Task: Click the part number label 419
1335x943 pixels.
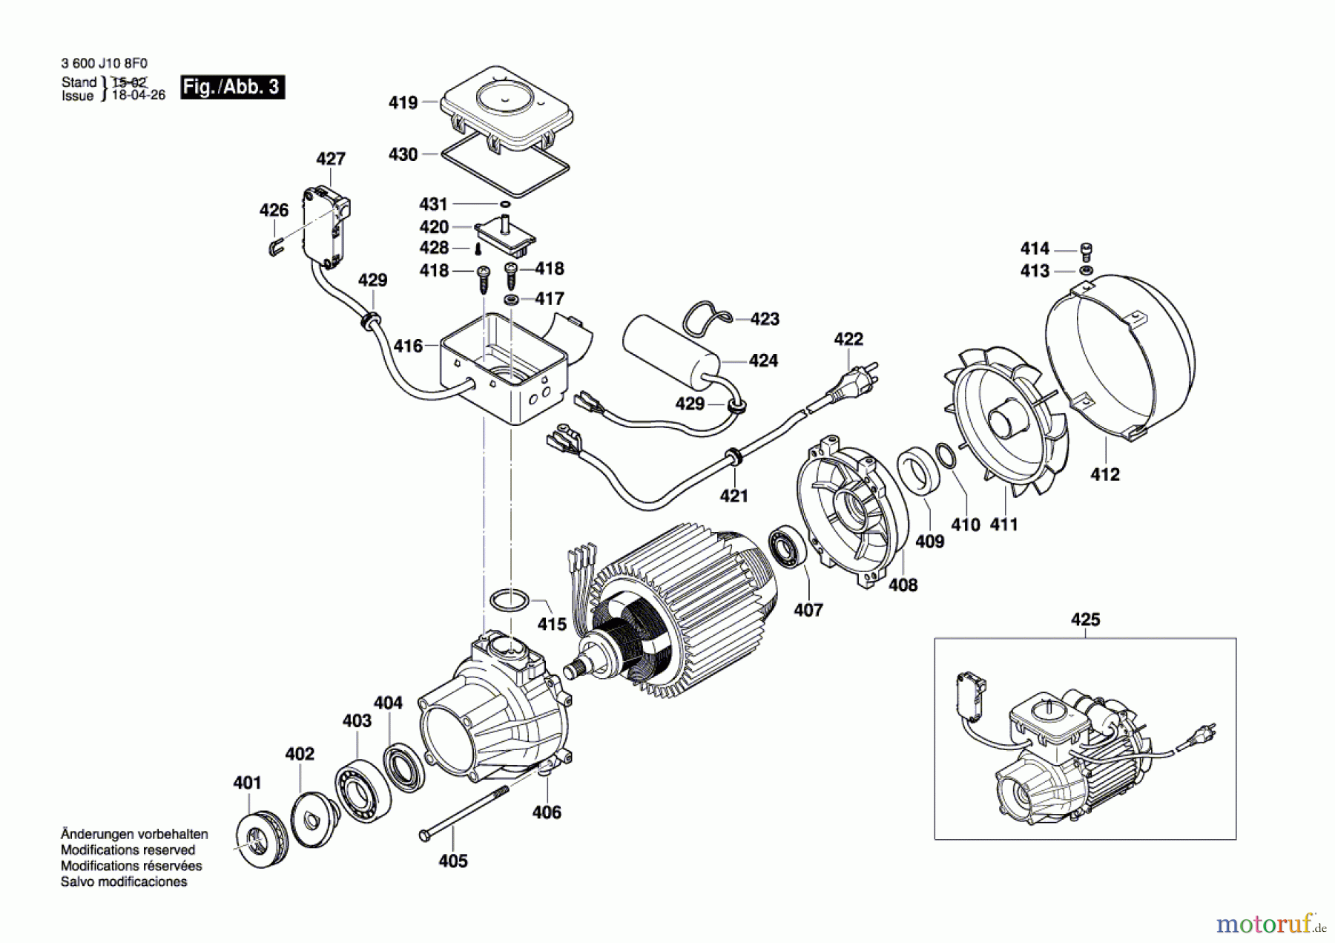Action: (403, 103)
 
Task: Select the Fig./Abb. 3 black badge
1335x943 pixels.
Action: (232, 87)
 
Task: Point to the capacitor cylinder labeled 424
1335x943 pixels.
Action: (669, 351)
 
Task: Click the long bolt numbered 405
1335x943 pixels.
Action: (464, 813)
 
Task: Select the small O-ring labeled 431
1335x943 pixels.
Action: (504, 204)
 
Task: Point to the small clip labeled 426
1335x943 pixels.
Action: (274, 248)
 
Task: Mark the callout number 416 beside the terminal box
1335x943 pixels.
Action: (408, 346)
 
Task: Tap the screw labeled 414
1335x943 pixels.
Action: (1086, 251)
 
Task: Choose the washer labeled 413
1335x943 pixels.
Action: (1086, 271)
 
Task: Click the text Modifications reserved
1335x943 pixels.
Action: (128, 850)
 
